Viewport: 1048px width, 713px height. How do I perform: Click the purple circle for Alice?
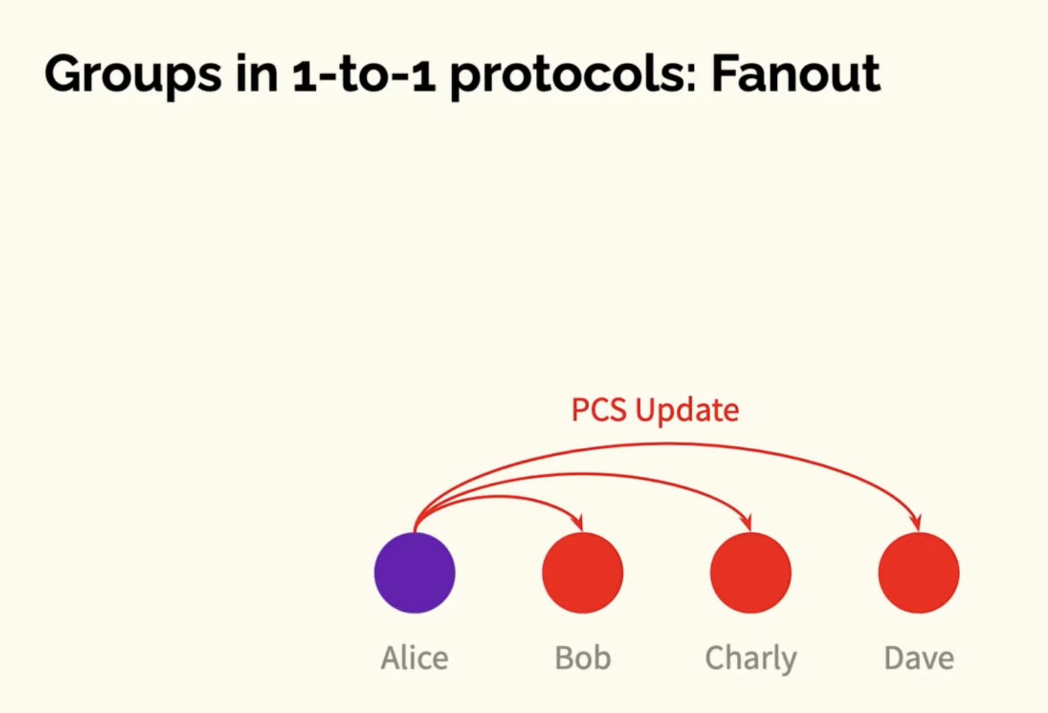(415, 573)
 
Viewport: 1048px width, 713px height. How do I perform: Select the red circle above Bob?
(583, 573)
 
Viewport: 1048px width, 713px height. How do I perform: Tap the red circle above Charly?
(751, 573)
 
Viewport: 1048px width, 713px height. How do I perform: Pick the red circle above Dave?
(919, 573)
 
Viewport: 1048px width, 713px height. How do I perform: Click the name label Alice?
(415, 658)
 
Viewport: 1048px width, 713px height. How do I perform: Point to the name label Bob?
(583, 658)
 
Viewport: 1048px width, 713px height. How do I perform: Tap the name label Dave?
(919, 658)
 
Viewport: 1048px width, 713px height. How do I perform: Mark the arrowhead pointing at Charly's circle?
(748, 523)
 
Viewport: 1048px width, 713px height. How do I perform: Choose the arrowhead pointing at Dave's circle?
(916, 523)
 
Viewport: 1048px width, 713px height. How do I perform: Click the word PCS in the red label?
(599, 410)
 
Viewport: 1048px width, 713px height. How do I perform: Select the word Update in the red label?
(687, 411)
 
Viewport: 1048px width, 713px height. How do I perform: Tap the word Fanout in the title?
(796, 74)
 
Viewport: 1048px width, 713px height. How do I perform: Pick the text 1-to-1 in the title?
(364, 75)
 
